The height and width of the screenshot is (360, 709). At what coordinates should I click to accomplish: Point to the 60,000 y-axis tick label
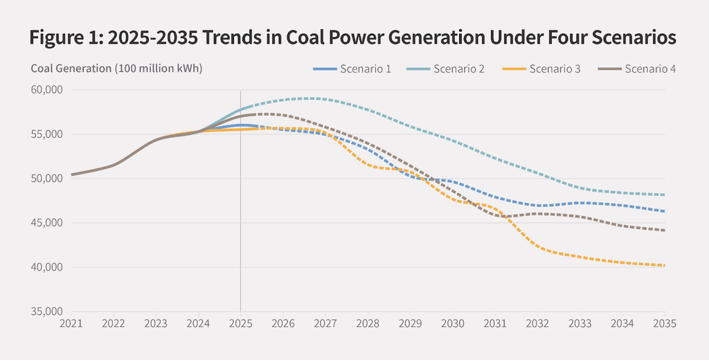pos(47,89)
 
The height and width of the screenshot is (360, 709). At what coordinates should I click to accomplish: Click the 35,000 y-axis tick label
pos(47,312)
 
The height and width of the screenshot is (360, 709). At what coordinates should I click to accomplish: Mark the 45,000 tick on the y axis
pos(47,223)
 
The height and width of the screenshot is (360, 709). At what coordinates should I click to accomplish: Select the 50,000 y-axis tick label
pos(47,179)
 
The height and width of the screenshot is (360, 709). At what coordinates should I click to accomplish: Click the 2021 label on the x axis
pos(71,323)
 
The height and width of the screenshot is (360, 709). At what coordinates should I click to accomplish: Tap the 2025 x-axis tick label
pos(240,323)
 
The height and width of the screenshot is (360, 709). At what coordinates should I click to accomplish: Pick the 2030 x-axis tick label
pos(453,323)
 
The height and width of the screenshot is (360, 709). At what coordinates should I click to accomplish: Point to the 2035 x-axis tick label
pos(665,323)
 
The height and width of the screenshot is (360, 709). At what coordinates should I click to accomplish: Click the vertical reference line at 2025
pos(240,208)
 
